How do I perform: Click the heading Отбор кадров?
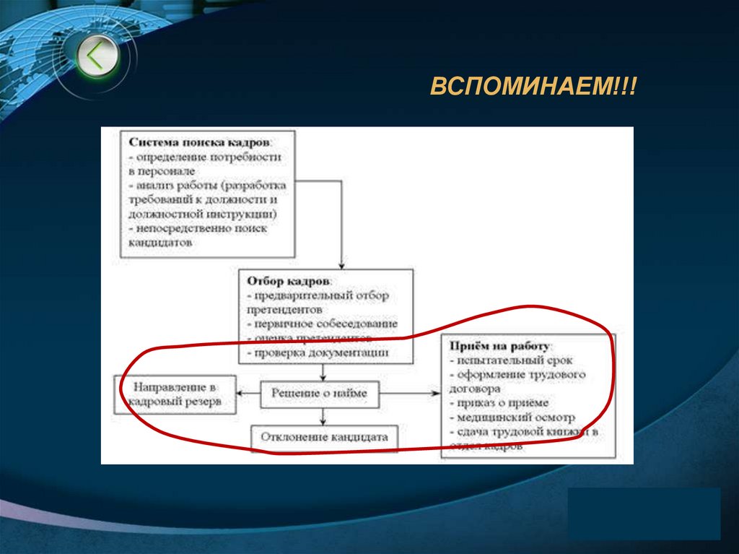pos(289,280)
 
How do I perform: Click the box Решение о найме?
pos(319,393)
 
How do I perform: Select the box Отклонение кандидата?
pos(324,437)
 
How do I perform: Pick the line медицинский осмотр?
pos(514,417)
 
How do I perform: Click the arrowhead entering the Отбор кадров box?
pos(341,264)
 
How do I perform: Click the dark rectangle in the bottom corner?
pos(644,513)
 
